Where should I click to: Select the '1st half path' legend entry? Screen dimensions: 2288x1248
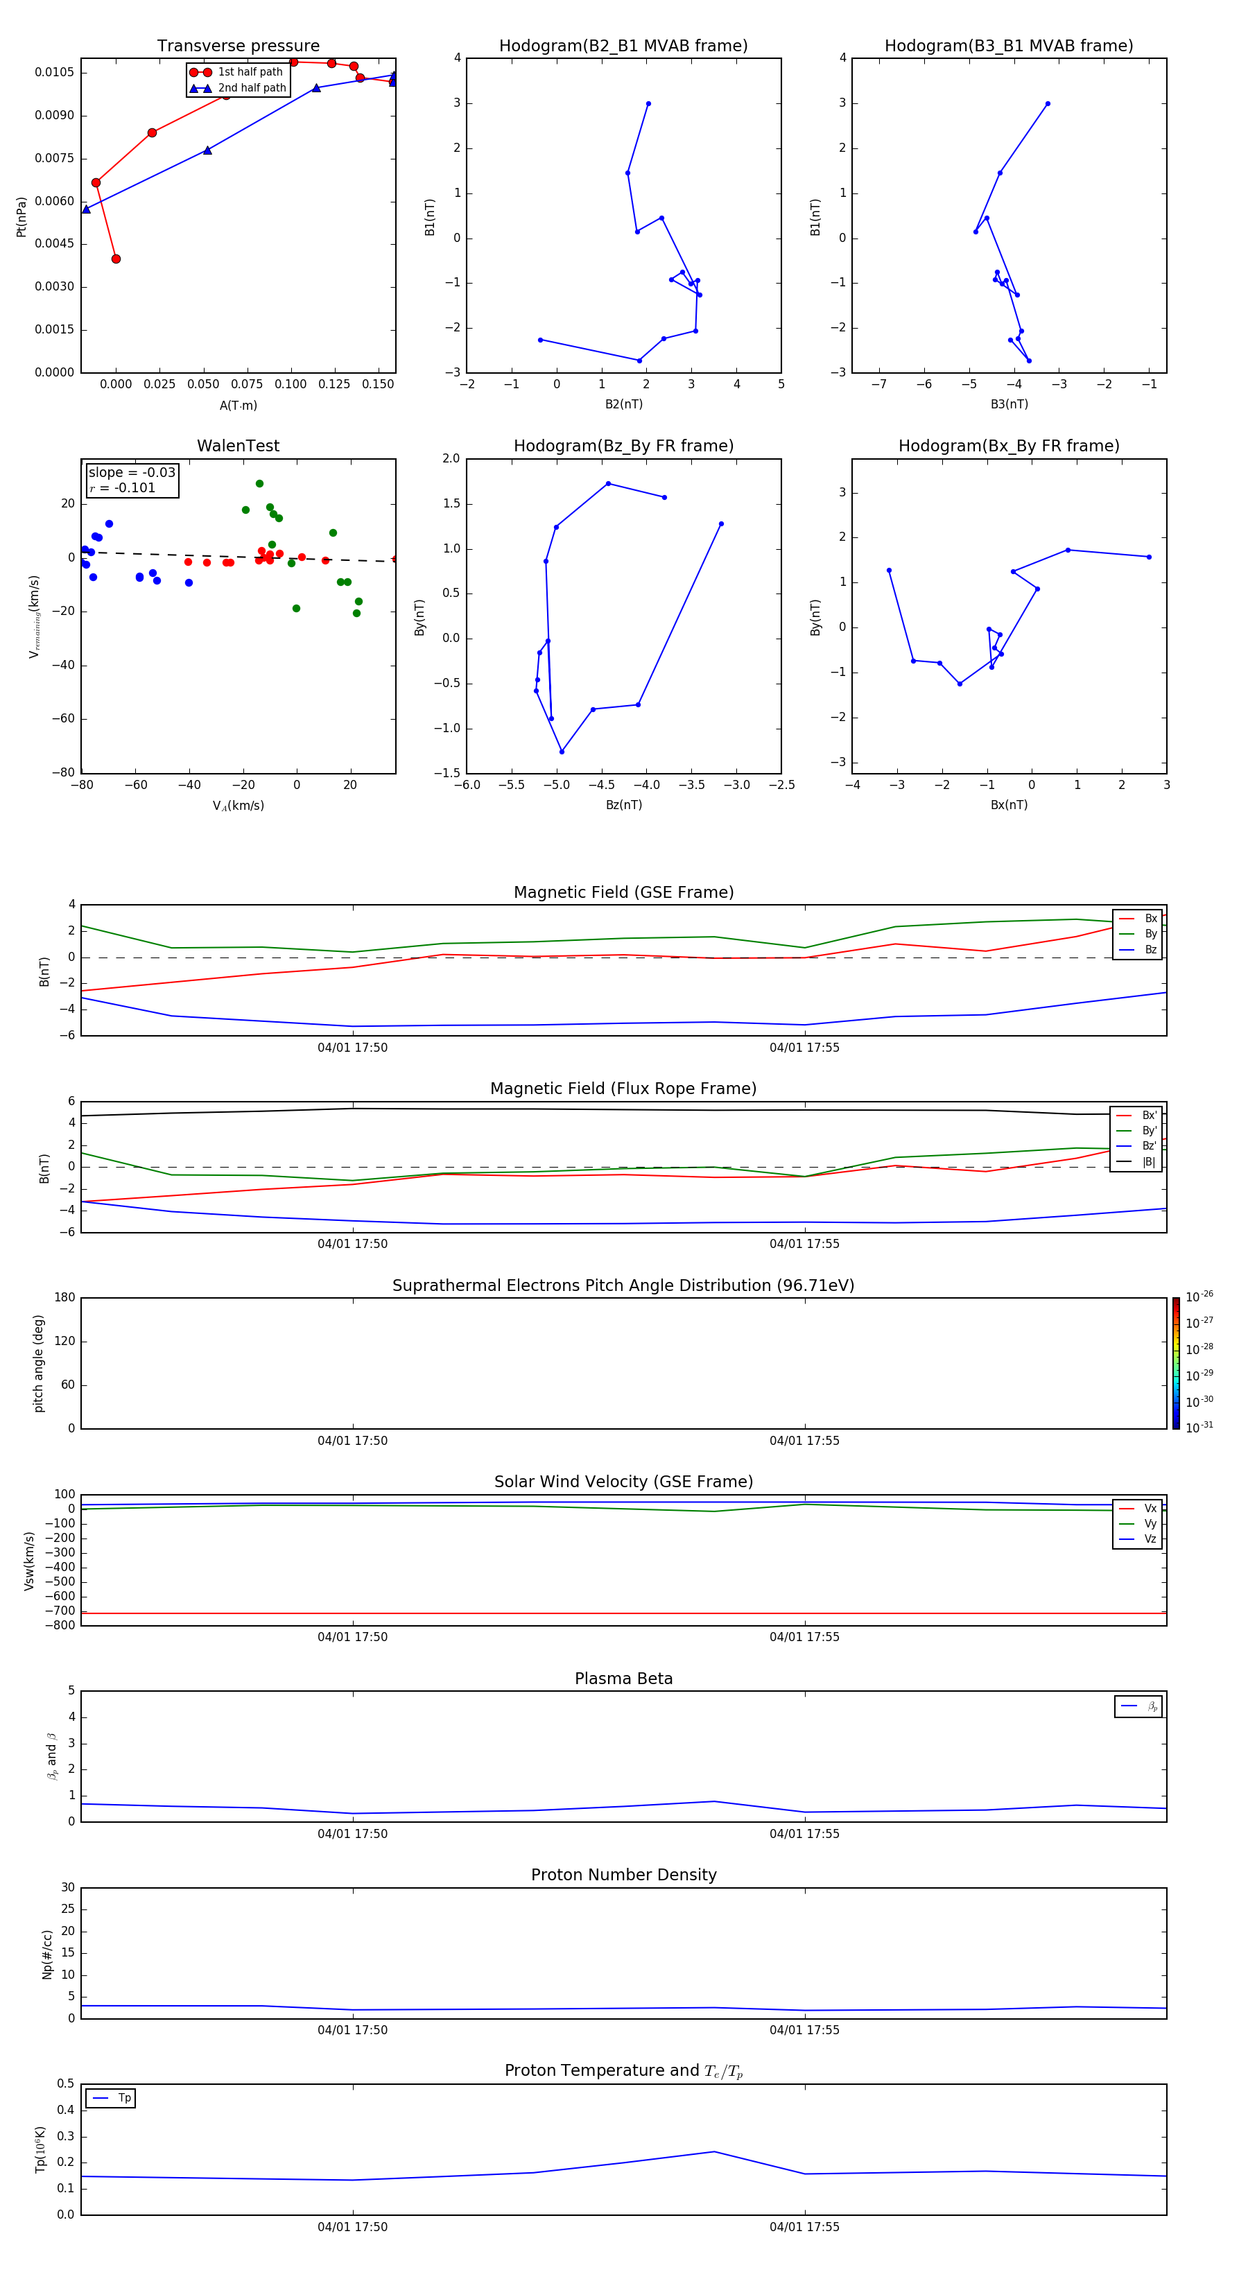pyautogui.click(x=250, y=72)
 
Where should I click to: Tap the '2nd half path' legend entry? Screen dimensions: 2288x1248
pyautogui.click(x=252, y=88)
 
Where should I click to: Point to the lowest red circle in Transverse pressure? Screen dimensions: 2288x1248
pyautogui.click(x=116, y=259)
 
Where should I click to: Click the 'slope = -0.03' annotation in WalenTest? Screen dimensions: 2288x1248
pyautogui.click(x=132, y=473)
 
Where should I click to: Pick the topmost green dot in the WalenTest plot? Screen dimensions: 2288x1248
pyautogui.click(x=259, y=484)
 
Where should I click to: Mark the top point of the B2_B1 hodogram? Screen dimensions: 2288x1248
pyautogui.click(x=648, y=104)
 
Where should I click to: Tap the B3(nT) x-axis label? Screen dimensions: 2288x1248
pyautogui.click(x=1009, y=404)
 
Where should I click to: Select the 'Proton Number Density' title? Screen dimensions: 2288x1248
pyautogui.click(x=623, y=1875)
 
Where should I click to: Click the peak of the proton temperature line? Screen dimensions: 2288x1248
pyautogui.click(x=714, y=2151)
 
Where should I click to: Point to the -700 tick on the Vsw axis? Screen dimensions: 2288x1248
pyautogui.click(x=61, y=1611)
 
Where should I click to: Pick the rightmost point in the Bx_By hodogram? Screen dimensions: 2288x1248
pyautogui.click(x=1149, y=557)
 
